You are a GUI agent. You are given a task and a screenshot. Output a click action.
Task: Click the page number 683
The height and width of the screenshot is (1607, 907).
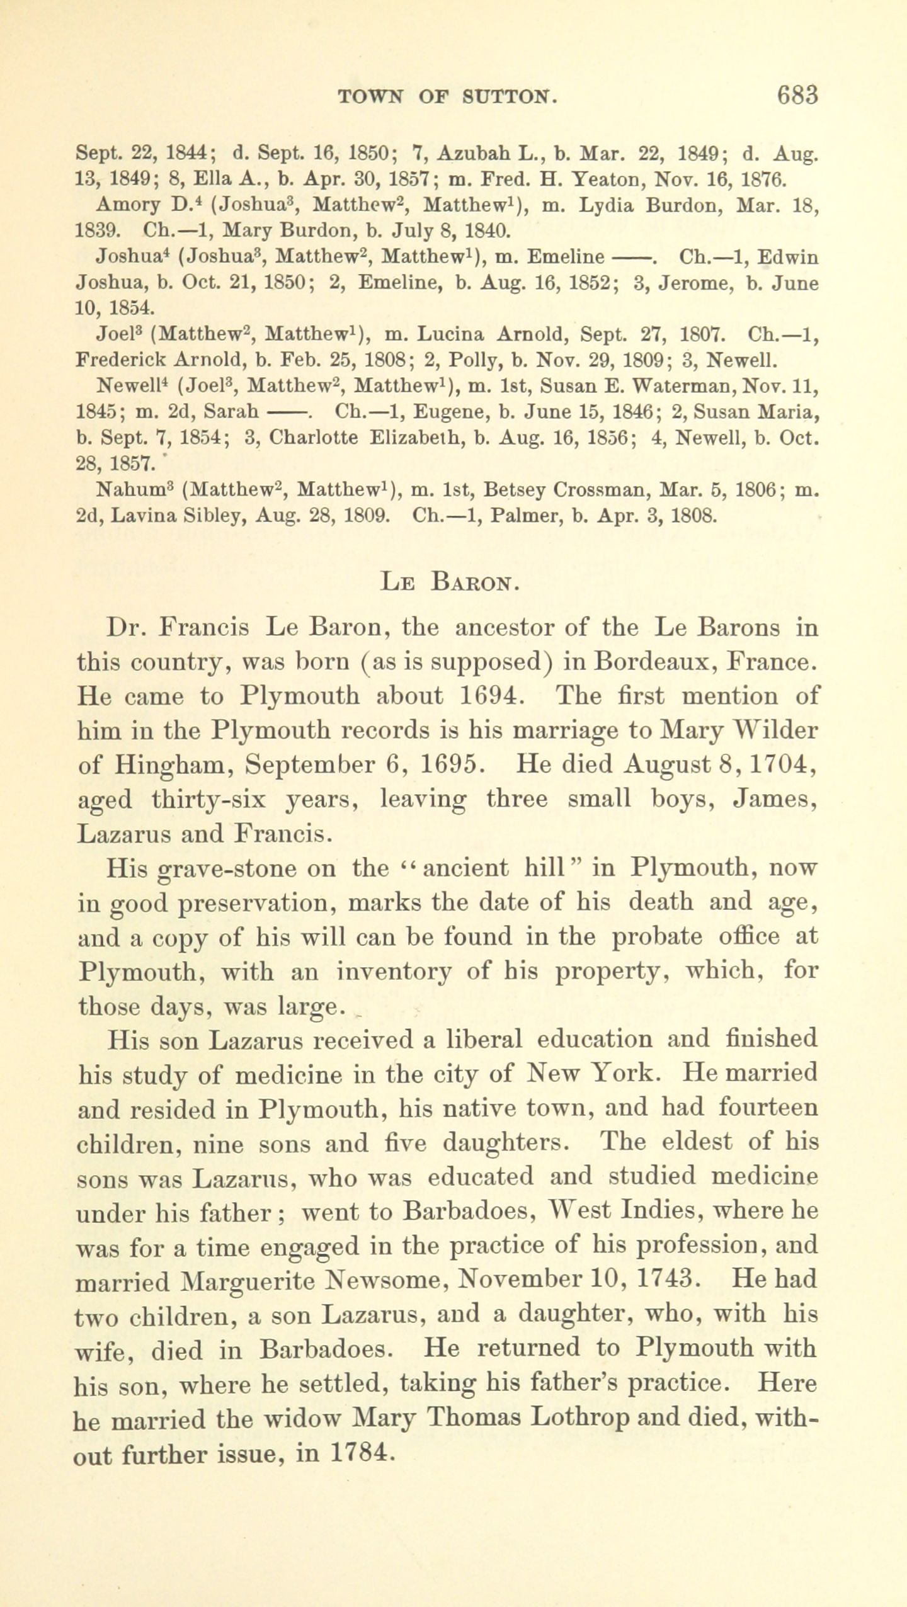797,94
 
